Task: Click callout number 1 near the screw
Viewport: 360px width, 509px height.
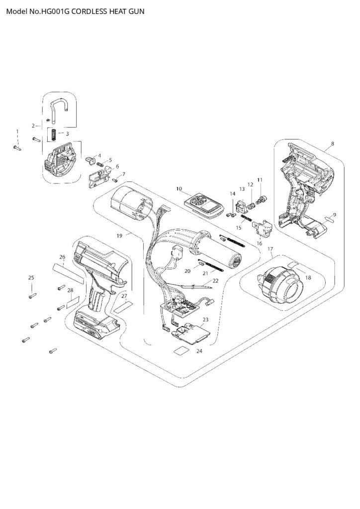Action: pos(17,131)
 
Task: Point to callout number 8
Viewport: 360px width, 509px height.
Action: pos(332,144)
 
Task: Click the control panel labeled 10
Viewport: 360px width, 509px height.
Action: pos(203,205)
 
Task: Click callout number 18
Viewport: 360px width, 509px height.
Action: pos(308,277)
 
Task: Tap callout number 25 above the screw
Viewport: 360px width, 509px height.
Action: pos(31,277)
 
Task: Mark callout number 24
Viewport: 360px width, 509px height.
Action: pos(199,351)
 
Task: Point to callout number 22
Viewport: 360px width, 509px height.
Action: pos(215,280)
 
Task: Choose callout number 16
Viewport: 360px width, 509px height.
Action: pos(259,243)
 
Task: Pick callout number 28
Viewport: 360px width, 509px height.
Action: pos(70,290)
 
